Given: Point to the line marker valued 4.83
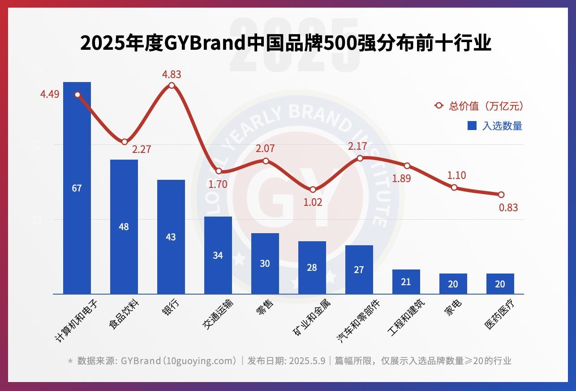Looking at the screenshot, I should pyautogui.click(x=172, y=85).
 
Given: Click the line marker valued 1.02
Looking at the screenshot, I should pyautogui.click(x=313, y=190).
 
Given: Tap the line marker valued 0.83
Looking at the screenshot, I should pyautogui.click(x=501, y=195).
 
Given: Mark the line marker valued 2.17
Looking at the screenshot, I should pyautogui.click(x=360, y=158).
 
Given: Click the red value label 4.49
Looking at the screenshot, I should pyautogui.click(x=50, y=94).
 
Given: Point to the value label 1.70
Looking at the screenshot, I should pyautogui.click(x=218, y=184).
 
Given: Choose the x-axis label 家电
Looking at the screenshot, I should pyautogui.click(x=453, y=308).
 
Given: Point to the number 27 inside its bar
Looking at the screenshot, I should pyautogui.click(x=359, y=270).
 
